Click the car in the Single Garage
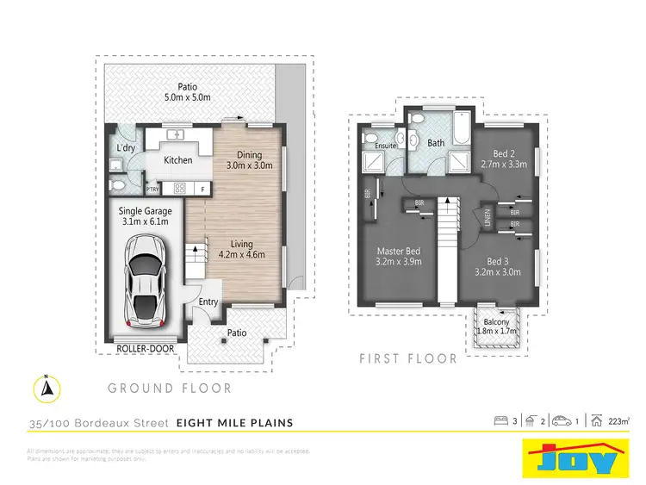147,280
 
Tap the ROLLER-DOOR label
145,348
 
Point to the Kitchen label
178,160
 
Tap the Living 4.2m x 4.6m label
242,249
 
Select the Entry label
208,302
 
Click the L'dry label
126,149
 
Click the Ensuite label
386,146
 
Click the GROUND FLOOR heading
169,389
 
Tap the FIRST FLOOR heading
408,358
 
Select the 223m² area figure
618,422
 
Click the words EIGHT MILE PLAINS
234,422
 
